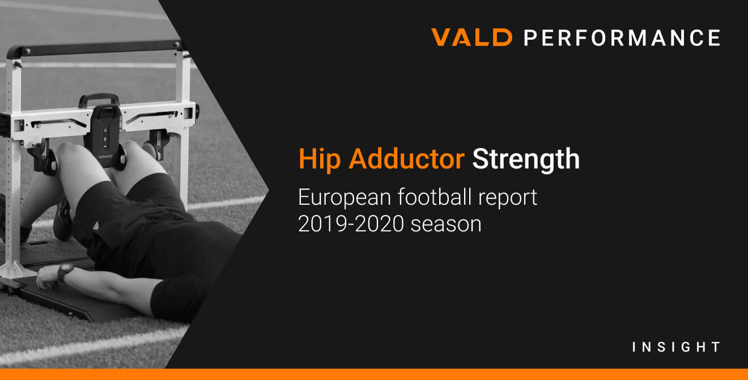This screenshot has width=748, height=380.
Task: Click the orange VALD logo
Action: click(471, 37)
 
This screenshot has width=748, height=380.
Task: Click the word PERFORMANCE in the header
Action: click(622, 37)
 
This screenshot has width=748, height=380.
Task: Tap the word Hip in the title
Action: click(320, 159)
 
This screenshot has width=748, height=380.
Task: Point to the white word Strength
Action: click(526, 160)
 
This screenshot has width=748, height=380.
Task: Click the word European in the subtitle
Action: click(345, 198)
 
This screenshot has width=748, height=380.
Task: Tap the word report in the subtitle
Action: click(508, 198)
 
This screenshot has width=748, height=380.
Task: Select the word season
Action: click(446, 225)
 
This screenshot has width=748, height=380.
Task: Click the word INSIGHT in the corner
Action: click(676, 347)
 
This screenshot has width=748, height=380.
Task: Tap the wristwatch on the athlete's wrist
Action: click(65, 272)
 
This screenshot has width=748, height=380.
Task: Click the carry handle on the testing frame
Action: click(99, 100)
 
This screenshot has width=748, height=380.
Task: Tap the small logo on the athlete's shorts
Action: click(96, 226)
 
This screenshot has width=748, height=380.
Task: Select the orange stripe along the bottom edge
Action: click(374, 374)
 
